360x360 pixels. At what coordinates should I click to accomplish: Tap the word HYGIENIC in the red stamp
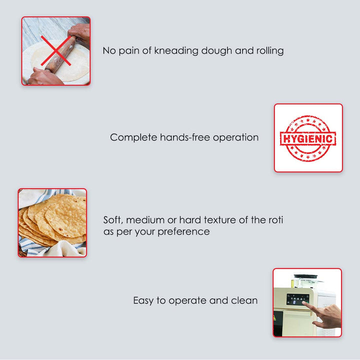click(308, 138)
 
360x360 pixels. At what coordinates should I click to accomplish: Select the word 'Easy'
click(144, 300)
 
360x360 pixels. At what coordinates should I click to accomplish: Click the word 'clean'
click(244, 300)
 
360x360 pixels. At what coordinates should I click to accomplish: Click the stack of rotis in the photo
click(55, 220)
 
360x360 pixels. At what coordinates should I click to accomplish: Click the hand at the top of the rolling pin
click(80, 33)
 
